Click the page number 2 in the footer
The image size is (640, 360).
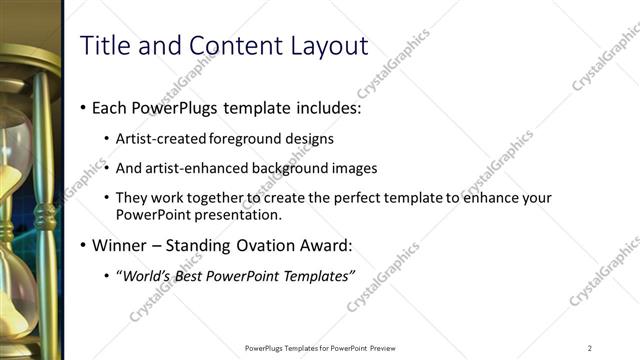pyautogui.click(x=590, y=348)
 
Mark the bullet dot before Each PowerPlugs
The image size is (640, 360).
pyautogui.click(x=82, y=108)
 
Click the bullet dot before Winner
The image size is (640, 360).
pyautogui.click(x=82, y=245)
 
